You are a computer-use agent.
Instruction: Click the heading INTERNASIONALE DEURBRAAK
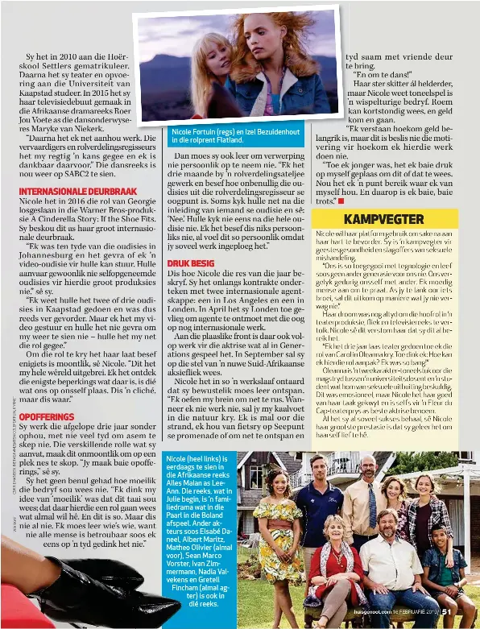[77, 191]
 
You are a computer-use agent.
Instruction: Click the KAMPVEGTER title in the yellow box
[383, 219]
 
